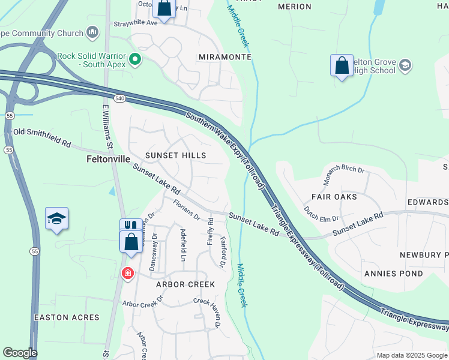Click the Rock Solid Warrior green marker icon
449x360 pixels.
click(136, 59)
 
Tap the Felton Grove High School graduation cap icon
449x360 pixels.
click(405, 65)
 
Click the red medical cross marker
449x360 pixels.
click(127, 274)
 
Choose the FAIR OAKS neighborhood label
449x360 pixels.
click(334, 197)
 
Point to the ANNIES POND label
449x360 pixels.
click(393, 274)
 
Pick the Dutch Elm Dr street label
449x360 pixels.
click(321, 213)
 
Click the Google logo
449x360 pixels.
click(20, 353)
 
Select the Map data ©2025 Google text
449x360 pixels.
click(411, 355)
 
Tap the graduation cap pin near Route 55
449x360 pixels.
click(56, 219)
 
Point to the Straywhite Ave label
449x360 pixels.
click(135, 23)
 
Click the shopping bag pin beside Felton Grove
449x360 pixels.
click(342, 65)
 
